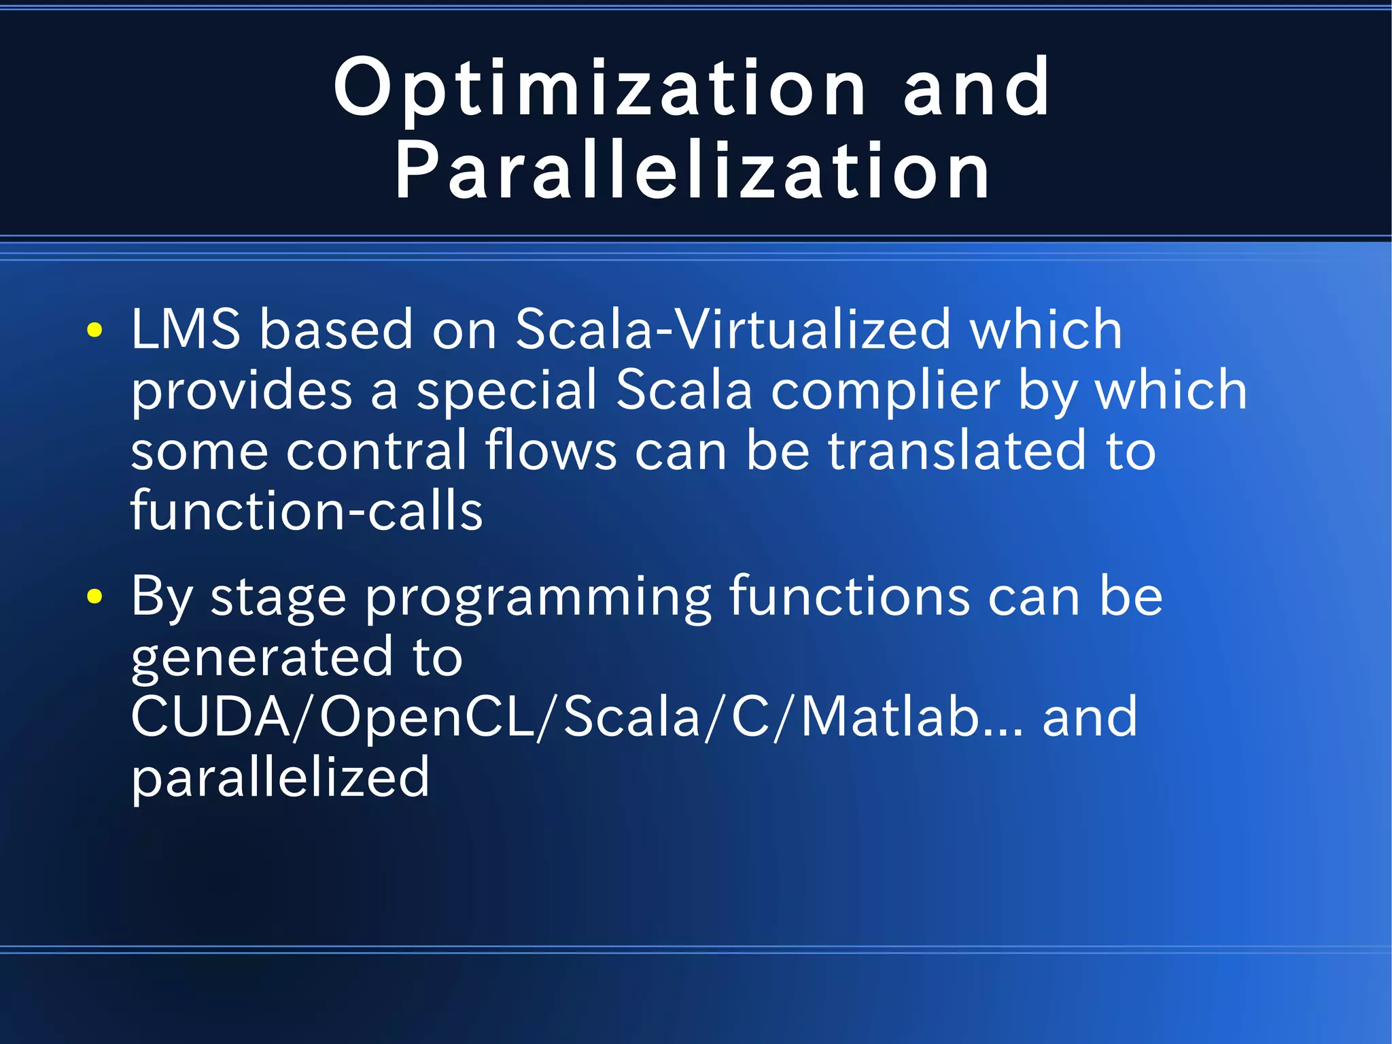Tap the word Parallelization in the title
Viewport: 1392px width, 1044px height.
coord(692,171)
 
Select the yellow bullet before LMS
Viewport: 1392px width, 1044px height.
coord(94,331)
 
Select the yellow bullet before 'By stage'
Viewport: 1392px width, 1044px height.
coord(94,597)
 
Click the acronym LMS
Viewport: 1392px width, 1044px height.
coord(186,329)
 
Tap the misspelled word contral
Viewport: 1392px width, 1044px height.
coord(377,451)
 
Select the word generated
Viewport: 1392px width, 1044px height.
coord(262,658)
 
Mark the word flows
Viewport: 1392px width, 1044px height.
coord(551,451)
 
